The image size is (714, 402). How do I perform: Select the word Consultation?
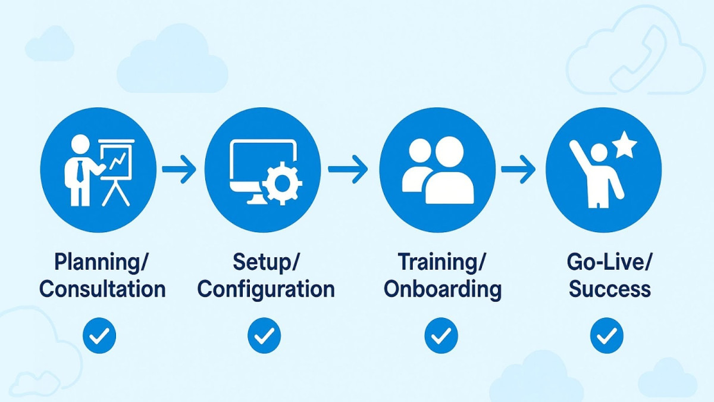pyautogui.click(x=102, y=289)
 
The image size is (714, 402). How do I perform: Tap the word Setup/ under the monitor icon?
pyautogui.click(x=266, y=262)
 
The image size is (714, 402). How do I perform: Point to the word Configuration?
pyautogui.click(x=266, y=289)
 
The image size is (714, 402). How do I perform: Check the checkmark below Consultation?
pyautogui.click(x=99, y=336)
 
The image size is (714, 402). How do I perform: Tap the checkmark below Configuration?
pyautogui.click(x=264, y=336)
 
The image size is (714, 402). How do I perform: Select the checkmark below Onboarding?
pyautogui.click(x=441, y=336)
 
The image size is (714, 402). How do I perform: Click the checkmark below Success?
pyautogui.click(x=606, y=336)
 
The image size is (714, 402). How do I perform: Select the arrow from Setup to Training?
pyautogui.click(x=348, y=170)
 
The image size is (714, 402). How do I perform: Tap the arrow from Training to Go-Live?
pyautogui.click(x=518, y=170)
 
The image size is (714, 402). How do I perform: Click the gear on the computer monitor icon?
pyautogui.click(x=281, y=185)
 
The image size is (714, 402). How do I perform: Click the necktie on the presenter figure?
pyautogui.click(x=80, y=172)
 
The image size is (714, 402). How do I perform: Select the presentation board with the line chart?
pyautogui.click(x=117, y=158)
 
